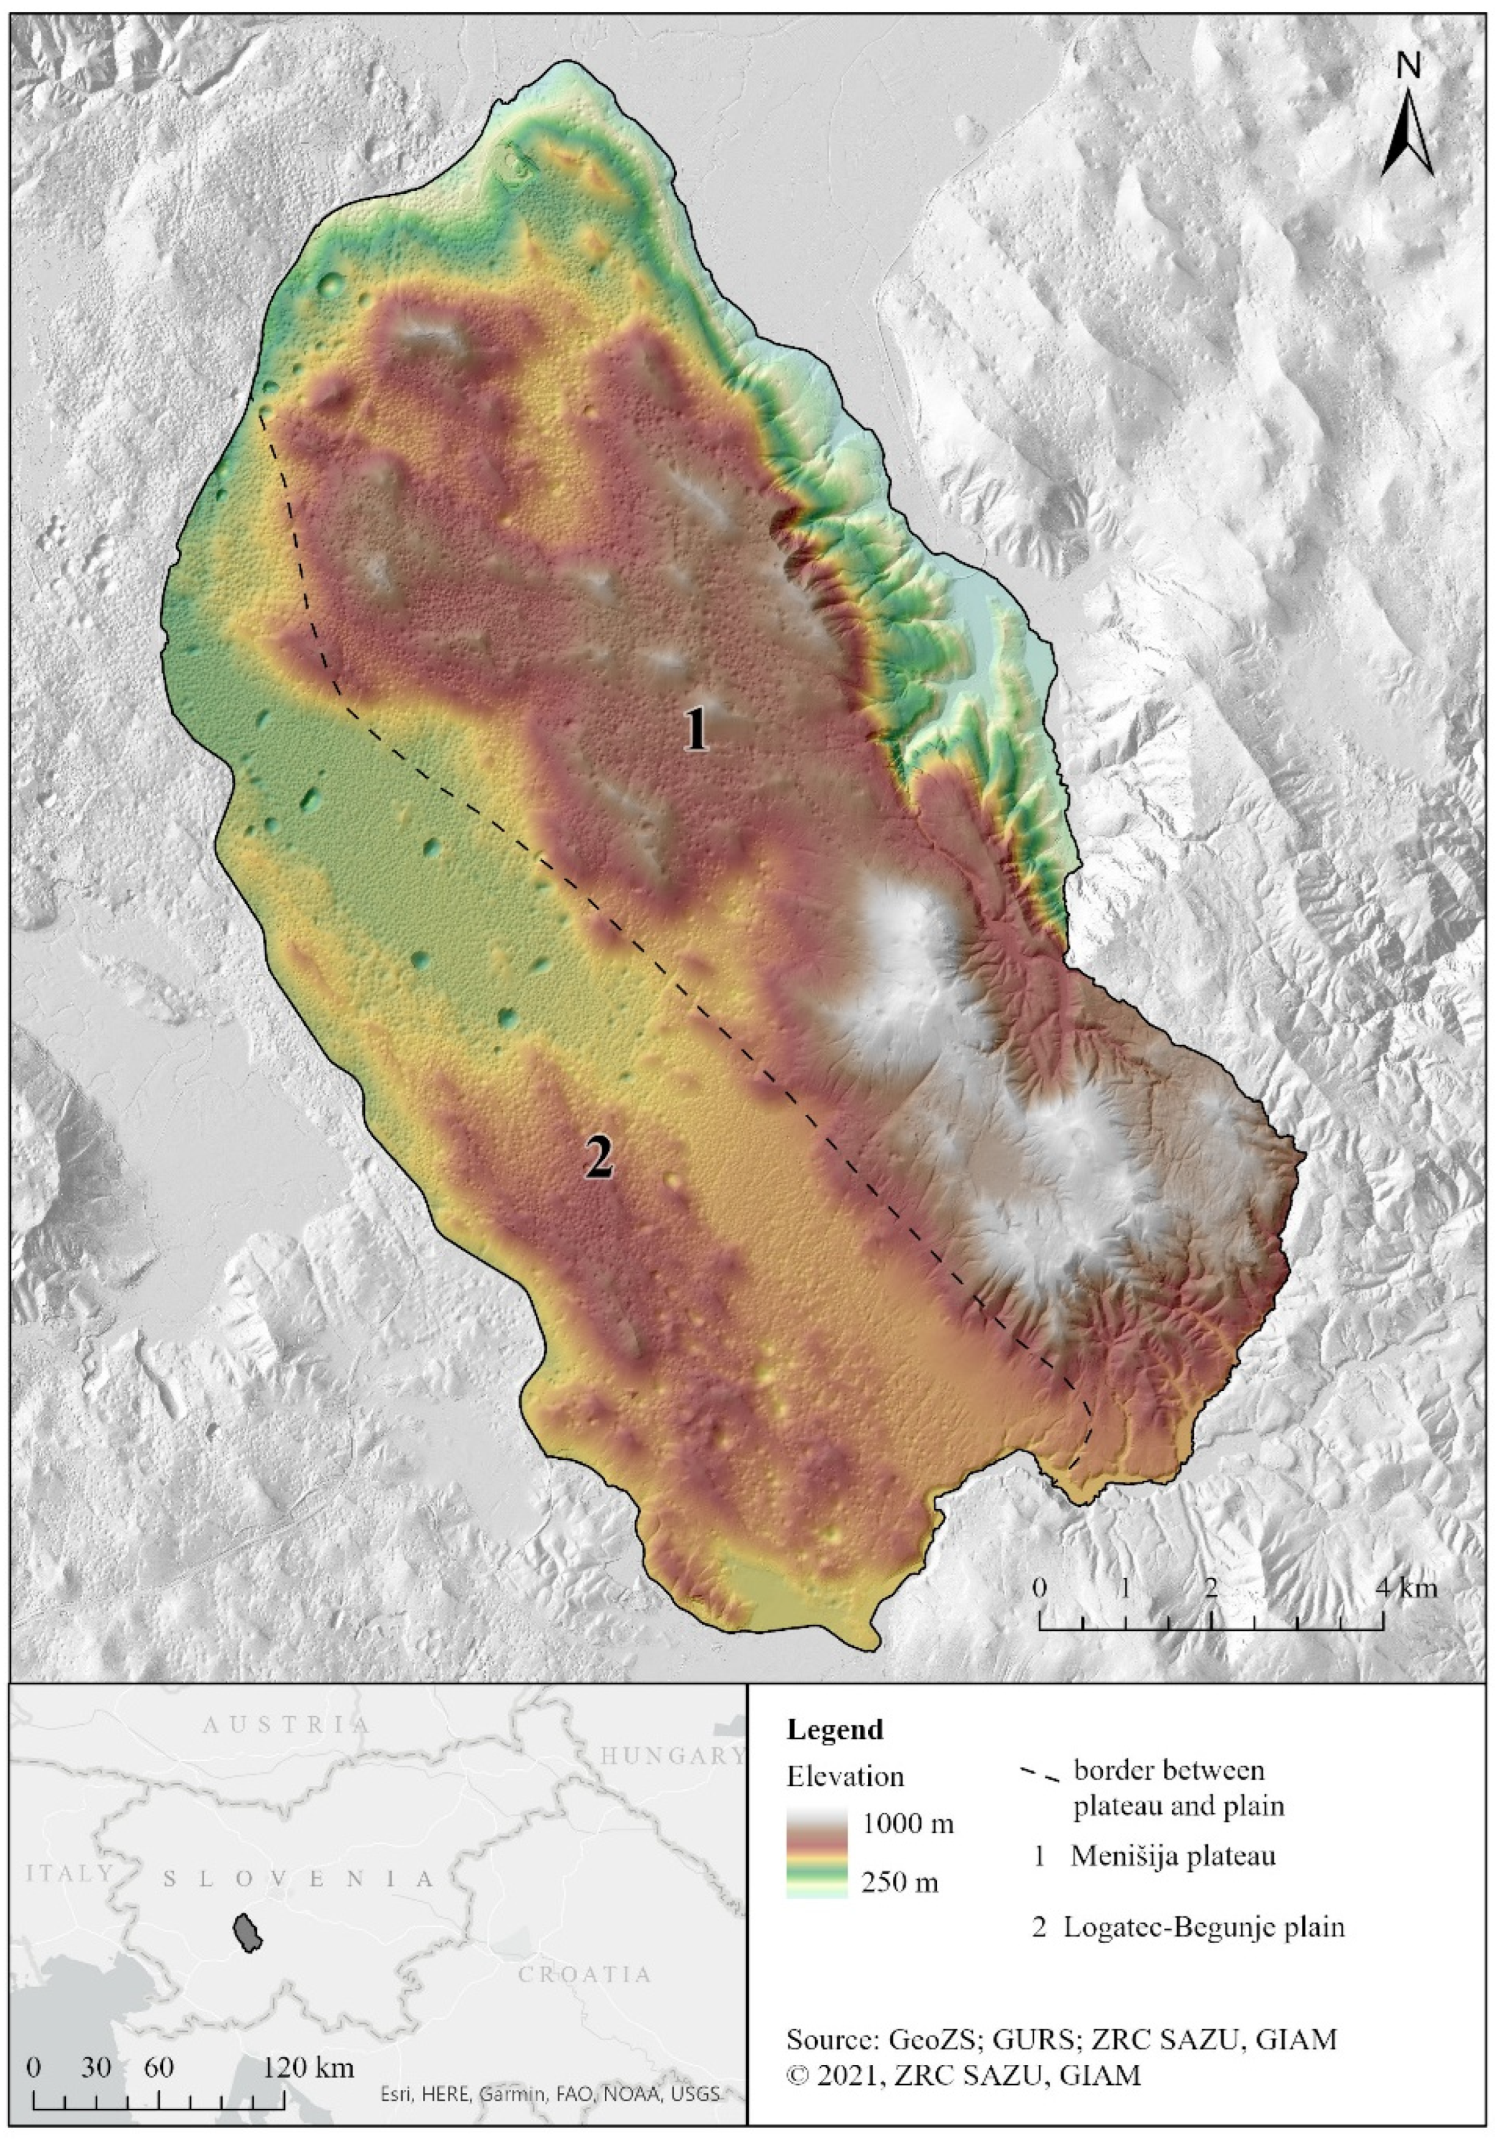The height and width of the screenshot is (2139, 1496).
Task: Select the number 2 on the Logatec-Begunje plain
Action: [x=597, y=1159]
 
